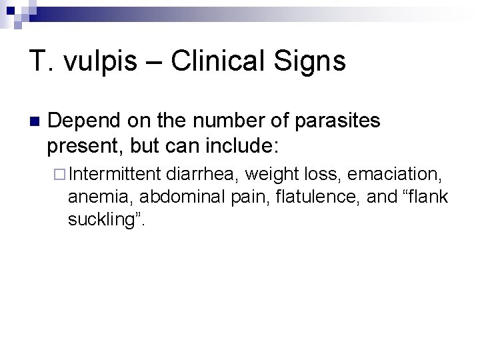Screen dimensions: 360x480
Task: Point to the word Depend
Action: (x=83, y=121)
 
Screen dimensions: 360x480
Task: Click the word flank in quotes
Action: (x=424, y=197)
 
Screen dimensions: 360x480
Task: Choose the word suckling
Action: (x=103, y=220)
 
